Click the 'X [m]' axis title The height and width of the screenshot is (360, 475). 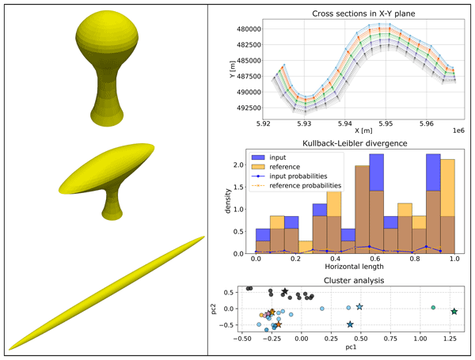point(363,131)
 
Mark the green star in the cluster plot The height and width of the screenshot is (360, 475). point(454,312)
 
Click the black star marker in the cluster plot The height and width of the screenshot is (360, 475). point(285,293)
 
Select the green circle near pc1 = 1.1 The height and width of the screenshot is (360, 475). point(433,307)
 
